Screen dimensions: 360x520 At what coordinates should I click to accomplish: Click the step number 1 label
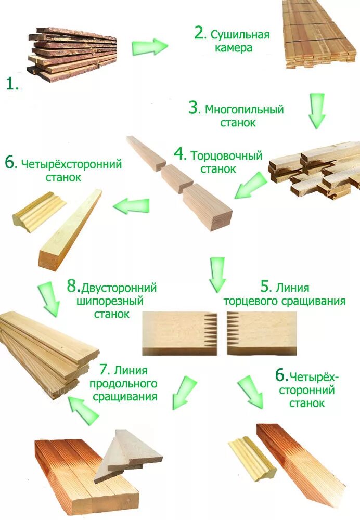click(11, 84)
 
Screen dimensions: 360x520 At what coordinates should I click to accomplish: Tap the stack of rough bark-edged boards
click(73, 53)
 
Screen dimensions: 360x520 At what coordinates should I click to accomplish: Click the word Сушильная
click(240, 35)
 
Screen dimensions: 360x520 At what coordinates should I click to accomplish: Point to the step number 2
click(200, 33)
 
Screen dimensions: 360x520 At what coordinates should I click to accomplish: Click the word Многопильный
click(244, 110)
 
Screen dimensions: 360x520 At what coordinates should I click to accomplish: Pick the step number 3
click(194, 108)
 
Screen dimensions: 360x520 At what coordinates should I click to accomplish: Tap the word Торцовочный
click(226, 155)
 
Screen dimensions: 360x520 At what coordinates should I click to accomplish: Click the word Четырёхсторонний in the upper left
click(71, 164)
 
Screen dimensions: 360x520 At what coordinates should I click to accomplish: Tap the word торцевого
click(244, 301)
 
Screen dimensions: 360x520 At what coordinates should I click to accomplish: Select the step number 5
click(266, 287)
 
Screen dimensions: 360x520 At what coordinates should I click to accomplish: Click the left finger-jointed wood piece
click(179, 332)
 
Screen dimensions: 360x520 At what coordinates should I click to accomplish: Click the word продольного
click(123, 384)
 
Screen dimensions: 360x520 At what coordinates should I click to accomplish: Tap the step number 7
click(104, 370)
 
